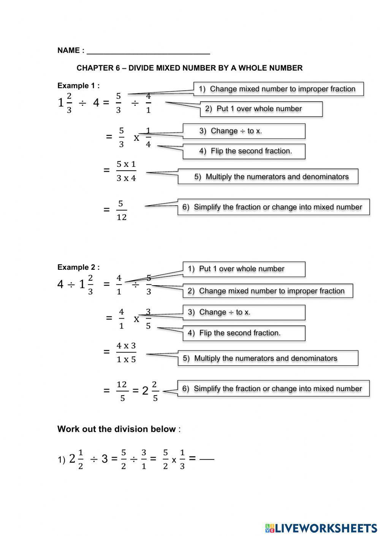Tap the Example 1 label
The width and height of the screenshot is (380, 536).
pos(78,86)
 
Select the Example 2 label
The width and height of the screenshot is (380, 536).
pos(78,267)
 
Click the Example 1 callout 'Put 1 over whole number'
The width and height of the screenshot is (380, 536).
pos(261,109)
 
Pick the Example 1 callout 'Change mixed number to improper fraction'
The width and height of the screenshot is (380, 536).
pos(278,89)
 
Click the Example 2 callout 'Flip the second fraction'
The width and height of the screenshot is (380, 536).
pos(244,333)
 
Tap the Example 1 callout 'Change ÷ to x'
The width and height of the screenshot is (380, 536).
pos(244,131)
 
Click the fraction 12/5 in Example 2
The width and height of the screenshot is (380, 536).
pos(122,391)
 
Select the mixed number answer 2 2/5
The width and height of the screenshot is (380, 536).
pos(150,391)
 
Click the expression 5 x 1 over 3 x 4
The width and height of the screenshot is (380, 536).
pos(126,171)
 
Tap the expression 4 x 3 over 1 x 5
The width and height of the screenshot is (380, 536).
pos(126,352)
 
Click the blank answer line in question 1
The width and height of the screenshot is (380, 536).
pos(207,459)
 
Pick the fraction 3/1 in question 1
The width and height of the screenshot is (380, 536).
pos(144,459)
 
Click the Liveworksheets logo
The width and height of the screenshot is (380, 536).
pos(321,528)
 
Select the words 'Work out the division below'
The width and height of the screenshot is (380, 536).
pos(116,429)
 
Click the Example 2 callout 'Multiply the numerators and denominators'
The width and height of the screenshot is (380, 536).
pos(268,358)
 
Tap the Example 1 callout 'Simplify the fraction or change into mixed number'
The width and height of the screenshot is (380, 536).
pos(273,207)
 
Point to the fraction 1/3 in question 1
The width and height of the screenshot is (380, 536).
pos(182,459)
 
